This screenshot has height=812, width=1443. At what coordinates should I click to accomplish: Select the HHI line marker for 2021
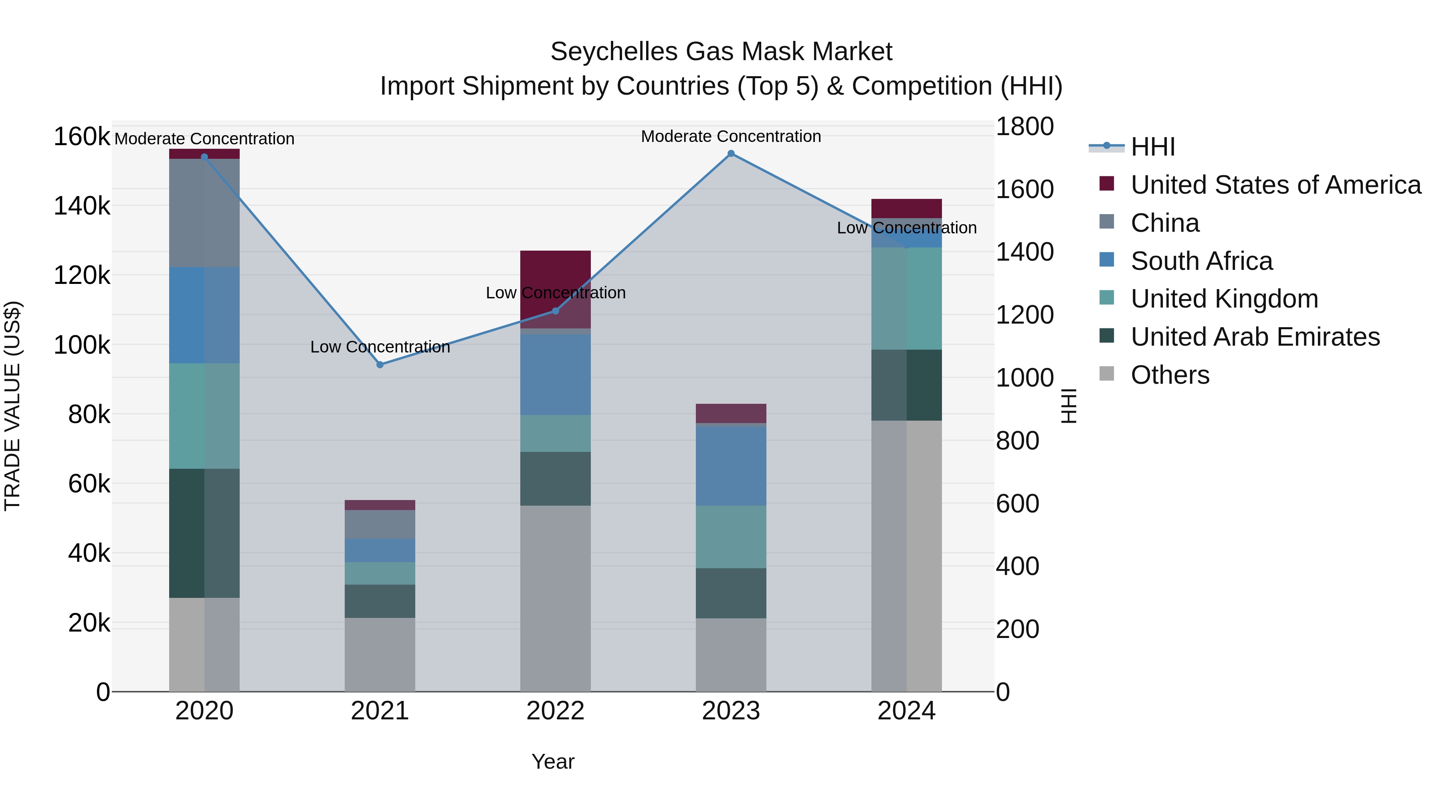click(x=380, y=365)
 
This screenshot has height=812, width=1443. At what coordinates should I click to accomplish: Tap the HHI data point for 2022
click(x=555, y=311)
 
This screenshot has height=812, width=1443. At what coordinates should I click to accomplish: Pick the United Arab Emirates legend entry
click(x=1255, y=337)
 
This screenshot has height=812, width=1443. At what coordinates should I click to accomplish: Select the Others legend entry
click(x=1170, y=375)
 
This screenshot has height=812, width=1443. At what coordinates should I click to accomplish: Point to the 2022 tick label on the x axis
click(x=555, y=711)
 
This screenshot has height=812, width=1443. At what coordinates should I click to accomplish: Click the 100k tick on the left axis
click(x=82, y=345)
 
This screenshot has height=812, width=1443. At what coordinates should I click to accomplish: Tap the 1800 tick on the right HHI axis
click(x=1024, y=127)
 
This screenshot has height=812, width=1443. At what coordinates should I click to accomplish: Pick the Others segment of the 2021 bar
click(x=380, y=654)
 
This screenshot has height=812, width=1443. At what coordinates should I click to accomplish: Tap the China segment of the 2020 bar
click(x=204, y=213)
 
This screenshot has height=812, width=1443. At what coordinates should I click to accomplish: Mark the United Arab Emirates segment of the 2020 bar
click(x=204, y=533)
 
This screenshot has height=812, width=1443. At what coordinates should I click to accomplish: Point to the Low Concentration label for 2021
click(x=380, y=347)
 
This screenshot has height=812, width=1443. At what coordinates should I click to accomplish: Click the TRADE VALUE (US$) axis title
click(x=12, y=406)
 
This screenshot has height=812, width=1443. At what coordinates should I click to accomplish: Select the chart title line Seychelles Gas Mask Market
click(x=721, y=52)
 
